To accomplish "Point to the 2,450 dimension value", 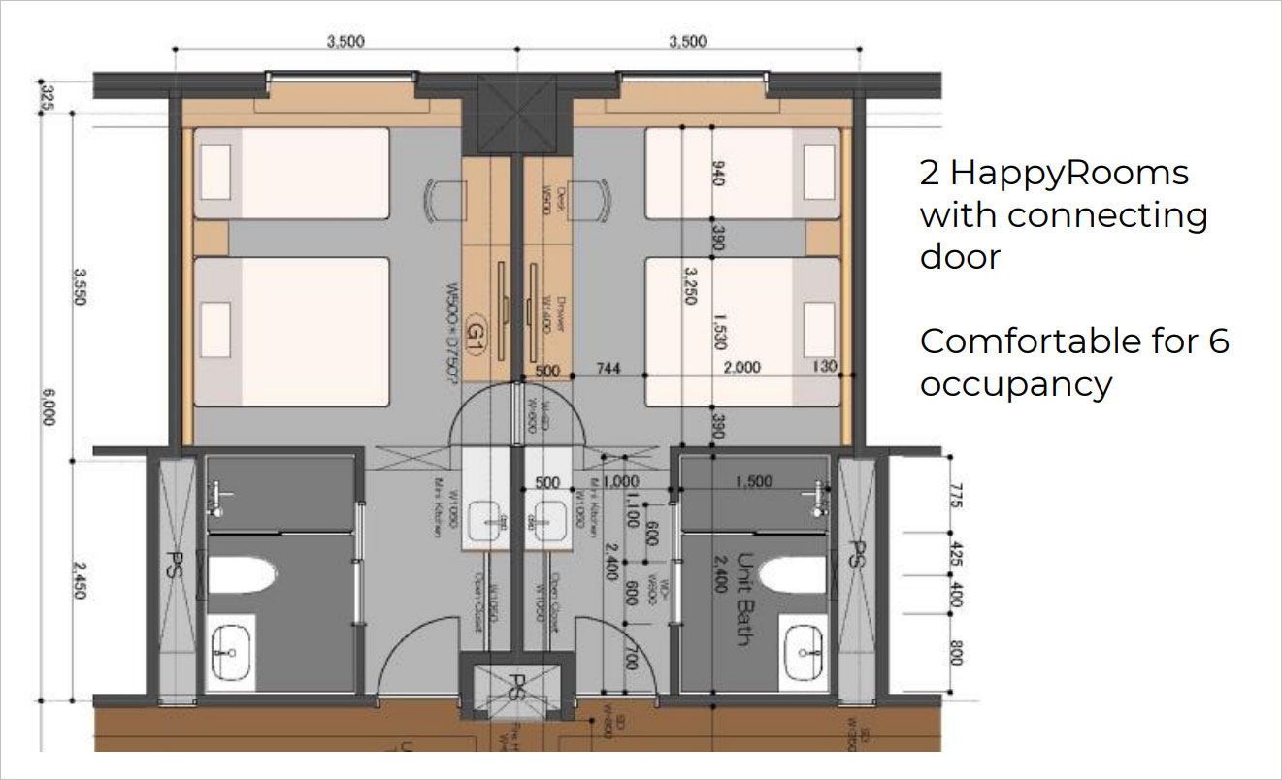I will click(79, 577).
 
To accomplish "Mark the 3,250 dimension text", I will click(690, 285).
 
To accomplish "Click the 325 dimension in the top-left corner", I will click(46, 97).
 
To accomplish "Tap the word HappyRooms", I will click(1068, 173).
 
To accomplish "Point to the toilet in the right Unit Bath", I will click(793, 575).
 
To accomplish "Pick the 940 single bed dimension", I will click(719, 175).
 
